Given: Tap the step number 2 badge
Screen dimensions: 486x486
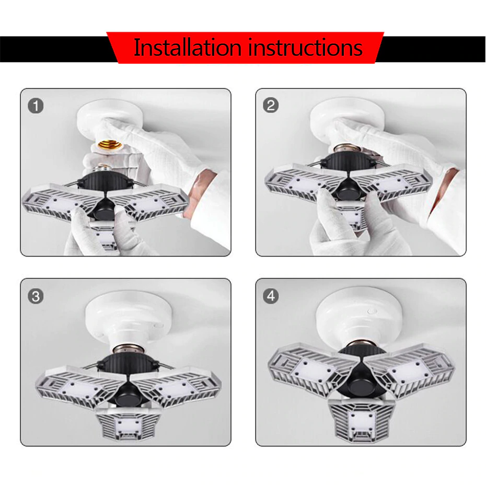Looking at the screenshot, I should click(270, 106).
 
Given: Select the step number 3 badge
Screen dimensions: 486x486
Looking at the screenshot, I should click(36, 296).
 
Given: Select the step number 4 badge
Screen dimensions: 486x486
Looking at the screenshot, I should click(270, 296).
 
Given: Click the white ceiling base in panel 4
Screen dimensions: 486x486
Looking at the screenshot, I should click(361, 314).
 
